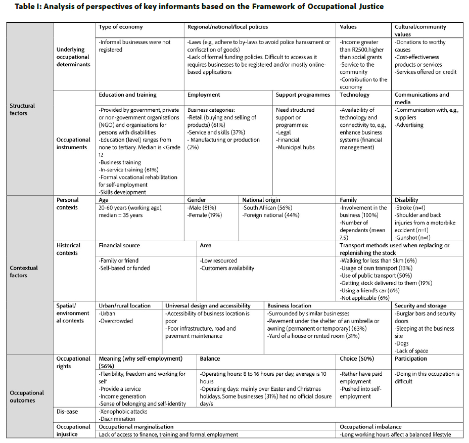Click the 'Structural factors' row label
tap(22, 109)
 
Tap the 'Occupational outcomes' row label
tap(27, 396)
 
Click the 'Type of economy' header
tap(120, 27)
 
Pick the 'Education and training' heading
tap(127, 95)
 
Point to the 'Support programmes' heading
tap(303, 95)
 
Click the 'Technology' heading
tap(355, 95)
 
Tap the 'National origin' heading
tap(261, 200)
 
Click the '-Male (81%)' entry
tap(202, 208)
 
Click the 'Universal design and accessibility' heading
tap(208, 305)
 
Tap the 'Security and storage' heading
tap(420, 305)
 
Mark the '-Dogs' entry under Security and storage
tap(402, 343)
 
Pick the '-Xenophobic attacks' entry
tap(122, 412)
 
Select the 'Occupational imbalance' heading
tap(370, 427)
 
